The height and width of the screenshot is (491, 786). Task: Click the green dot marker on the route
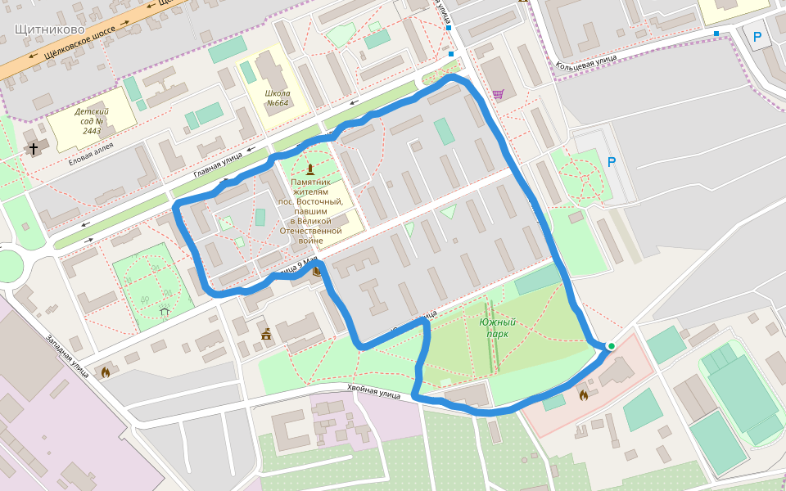coord(611,346)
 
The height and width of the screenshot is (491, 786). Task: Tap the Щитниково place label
coord(50,29)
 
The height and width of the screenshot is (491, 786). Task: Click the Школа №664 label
coord(278,98)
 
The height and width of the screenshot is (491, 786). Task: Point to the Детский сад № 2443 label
coord(91,121)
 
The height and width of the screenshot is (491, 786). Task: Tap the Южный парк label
coord(498,328)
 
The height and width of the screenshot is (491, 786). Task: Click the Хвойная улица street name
coord(373,392)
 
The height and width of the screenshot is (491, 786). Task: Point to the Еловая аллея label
coord(91,148)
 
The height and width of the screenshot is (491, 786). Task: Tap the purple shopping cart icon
coord(498,94)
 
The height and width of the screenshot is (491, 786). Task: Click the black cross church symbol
coord(34,149)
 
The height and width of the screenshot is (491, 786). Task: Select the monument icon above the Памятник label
coord(309,169)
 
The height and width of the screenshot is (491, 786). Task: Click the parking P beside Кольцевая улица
coord(757,37)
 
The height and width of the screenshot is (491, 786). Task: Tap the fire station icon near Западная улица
coord(105,372)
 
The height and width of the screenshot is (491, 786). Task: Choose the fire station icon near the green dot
coord(583,396)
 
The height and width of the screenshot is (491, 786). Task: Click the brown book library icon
coord(316,273)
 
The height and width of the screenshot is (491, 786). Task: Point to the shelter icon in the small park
coord(165,311)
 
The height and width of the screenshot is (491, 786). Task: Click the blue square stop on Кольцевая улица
coord(716,34)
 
